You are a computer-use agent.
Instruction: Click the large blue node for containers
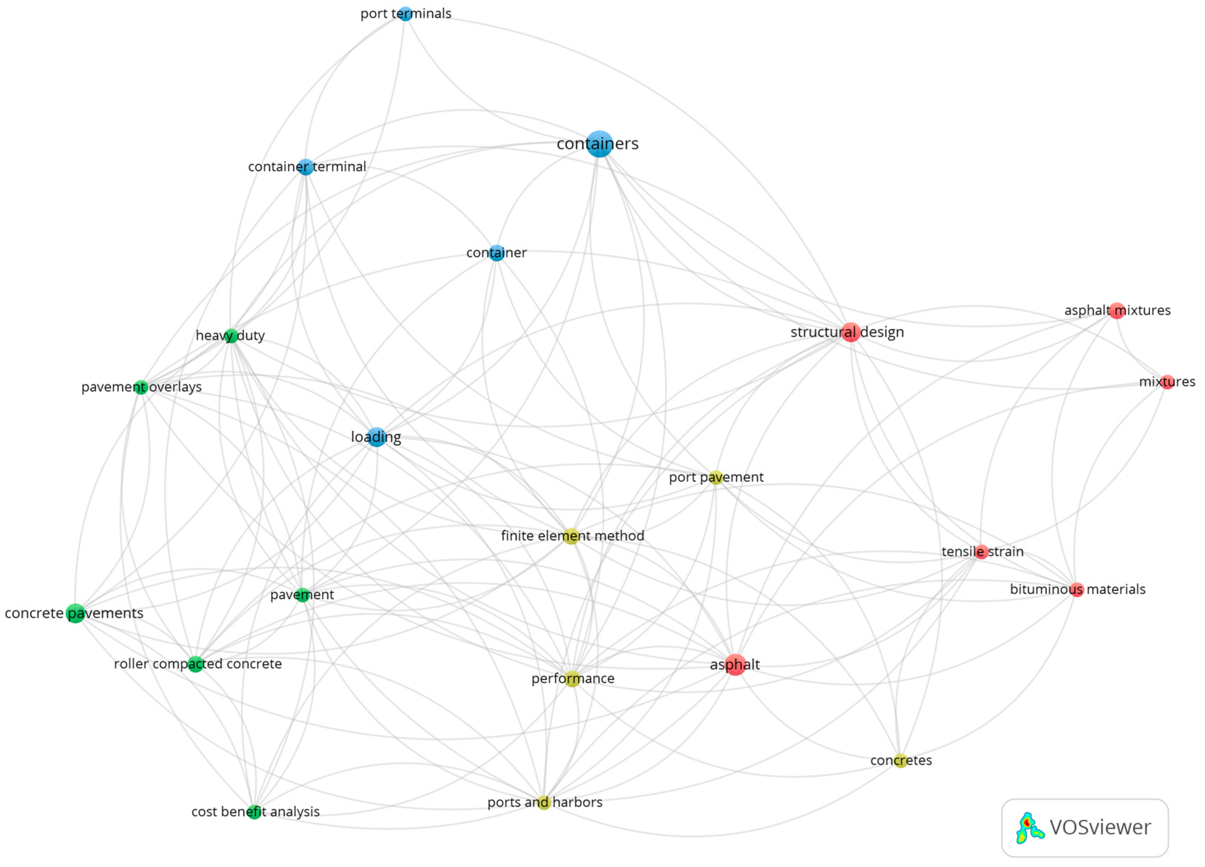pyautogui.click(x=599, y=144)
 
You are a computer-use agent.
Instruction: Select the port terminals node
pyautogui.click(x=405, y=14)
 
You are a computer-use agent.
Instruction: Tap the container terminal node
pyautogui.click(x=305, y=167)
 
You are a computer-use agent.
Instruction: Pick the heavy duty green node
pyautogui.click(x=231, y=336)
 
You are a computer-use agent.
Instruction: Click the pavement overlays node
pyautogui.click(x=141, y=387)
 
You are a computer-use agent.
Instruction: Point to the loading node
pyautogui.click(x=377, y=437)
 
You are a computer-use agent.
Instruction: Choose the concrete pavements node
pyautogui.click(x=76, y=613)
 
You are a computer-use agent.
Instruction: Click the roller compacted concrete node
pyautogui.click(x=196, y=664)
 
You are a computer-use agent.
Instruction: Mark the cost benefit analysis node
pyautogui.click(x=255, y=812)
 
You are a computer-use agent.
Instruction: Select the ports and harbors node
pyautogui.click(x=544, y=802)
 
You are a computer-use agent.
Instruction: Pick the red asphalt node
pyautogui.click(x=735, y=665)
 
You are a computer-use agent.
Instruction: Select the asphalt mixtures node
pyautogui.click(x=1117, y=310)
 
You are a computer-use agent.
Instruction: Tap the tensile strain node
pyautogui.click(x=981, y=552)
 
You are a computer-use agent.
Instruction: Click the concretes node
pyautogui.click(x=900, y=761)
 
